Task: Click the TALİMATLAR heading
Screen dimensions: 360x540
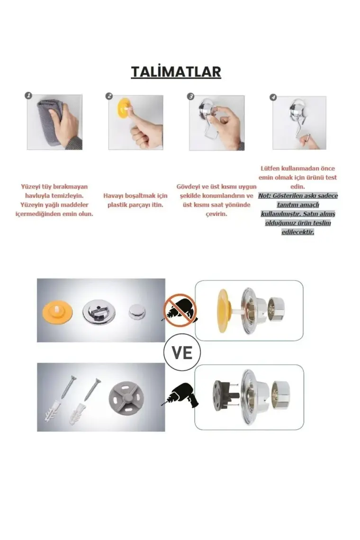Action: (x=176, y=72)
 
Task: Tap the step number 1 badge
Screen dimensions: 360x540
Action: (x=28, y=95)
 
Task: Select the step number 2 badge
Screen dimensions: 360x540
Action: (x=109, y=96)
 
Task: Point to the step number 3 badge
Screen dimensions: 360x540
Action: (x=190, y=97)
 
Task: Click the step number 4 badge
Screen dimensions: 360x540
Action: (x=273, y=97)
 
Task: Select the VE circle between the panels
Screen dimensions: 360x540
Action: (x=182, y=352)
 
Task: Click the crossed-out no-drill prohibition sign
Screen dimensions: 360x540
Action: (x=180, y=310)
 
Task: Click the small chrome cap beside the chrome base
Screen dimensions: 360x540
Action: (x=137, y=311)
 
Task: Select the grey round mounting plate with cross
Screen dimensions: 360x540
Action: (x=126, y=397)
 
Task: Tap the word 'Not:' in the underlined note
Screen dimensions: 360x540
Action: (x=265, y=196)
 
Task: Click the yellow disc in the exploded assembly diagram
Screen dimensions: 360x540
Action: (x=223, y=311)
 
